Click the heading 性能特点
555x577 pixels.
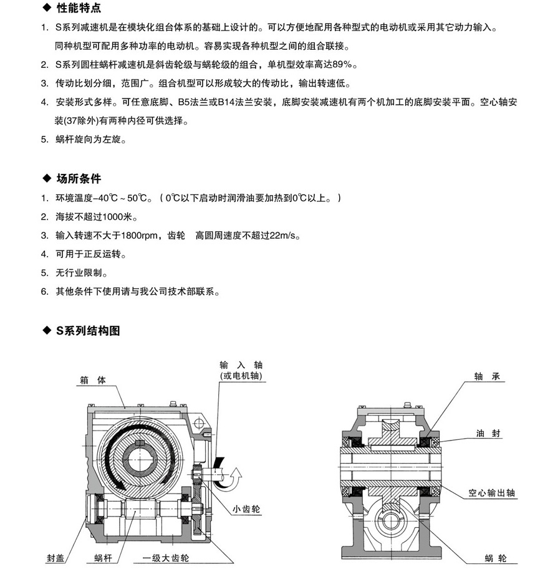coord(78,9)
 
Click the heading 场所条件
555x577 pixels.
coord(78,179)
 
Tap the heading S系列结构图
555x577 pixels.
coord(87,331)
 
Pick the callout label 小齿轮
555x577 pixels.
coord(245,508)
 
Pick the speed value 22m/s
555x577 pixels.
coord(284,236)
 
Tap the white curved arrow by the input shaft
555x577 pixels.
coord(235,479)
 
